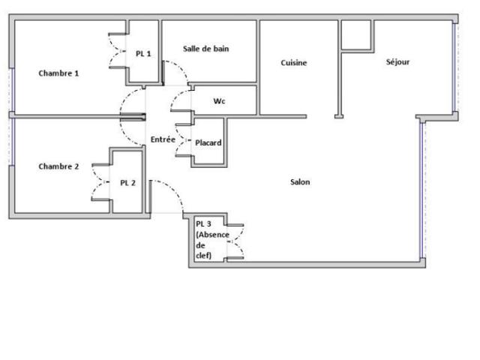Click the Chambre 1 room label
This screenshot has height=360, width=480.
[58, 73]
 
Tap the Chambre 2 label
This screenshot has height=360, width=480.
[58, 166]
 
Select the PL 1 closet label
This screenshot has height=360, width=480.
[143, 53]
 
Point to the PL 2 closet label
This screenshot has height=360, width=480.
[127, 183]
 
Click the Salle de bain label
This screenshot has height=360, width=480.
[205, 49]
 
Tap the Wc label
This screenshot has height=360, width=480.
[219, 100]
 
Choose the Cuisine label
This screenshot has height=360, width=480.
[293, 63]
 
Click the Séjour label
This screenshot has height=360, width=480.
[397, 62]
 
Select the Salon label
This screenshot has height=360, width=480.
[300, 182]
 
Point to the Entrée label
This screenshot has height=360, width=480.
[163, 139]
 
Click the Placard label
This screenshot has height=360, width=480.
[208, 142]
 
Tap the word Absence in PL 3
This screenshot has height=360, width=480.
[212, 235]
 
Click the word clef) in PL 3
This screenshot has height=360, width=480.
[203, 255]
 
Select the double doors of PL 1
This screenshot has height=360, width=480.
[118, 50]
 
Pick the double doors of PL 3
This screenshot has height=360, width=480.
[235, 241]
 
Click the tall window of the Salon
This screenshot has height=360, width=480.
[422, 190]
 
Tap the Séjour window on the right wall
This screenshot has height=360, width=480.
[455, 67]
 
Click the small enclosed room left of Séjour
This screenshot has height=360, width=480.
[356, 34]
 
